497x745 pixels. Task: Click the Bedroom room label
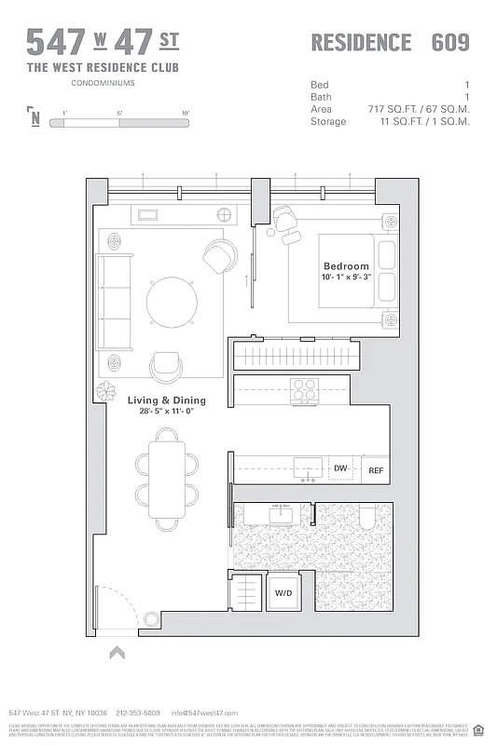346,266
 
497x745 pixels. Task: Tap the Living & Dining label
167,400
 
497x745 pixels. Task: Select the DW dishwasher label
340,469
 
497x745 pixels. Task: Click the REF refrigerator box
376,470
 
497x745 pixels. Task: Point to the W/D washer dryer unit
283,592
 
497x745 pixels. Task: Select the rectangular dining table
167,477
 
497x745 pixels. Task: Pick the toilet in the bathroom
367,517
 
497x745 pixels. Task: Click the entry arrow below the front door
117,653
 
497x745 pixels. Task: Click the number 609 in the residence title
450,43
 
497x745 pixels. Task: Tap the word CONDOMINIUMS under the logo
103,84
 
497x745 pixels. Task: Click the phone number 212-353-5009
138,712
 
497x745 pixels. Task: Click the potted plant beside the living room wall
106,390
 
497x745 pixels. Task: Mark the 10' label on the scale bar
186,113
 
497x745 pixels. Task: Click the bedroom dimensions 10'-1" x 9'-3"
346,278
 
